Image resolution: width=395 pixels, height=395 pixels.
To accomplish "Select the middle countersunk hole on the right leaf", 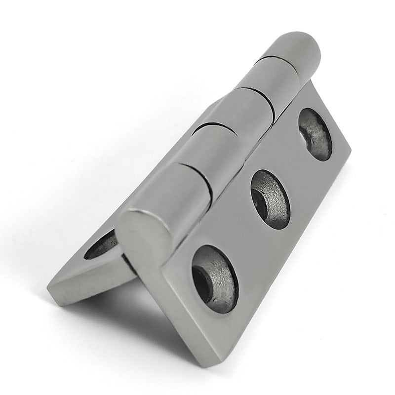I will tap(270, 199).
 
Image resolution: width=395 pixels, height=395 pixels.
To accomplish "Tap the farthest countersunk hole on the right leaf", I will tap(315, 134).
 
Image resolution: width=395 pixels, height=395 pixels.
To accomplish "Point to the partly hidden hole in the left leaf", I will tap(101, 245).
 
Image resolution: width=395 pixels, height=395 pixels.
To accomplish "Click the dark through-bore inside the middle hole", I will tap(259, 200).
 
